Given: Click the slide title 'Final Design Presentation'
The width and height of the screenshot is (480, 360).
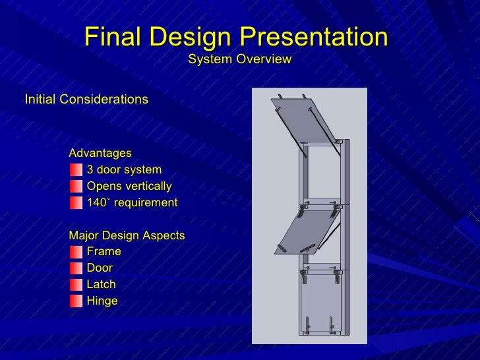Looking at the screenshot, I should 236,37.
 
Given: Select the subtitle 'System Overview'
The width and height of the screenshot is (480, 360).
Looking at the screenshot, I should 239,60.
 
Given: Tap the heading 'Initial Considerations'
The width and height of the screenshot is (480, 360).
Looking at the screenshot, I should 86,100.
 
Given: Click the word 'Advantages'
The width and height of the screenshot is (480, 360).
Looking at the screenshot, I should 100,153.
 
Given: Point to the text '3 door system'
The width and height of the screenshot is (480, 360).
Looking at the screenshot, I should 124,169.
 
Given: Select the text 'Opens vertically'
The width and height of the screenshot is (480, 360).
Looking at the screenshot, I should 129,186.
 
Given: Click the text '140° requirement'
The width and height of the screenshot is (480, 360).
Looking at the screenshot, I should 132,202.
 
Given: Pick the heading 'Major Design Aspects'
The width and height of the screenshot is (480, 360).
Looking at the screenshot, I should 127,235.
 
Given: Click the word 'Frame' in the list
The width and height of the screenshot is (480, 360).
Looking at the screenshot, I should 104,251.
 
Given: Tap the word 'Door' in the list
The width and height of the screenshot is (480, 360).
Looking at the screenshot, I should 100,268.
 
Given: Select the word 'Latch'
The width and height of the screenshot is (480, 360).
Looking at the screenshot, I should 101,284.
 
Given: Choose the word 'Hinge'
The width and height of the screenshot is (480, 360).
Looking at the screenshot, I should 102,301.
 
